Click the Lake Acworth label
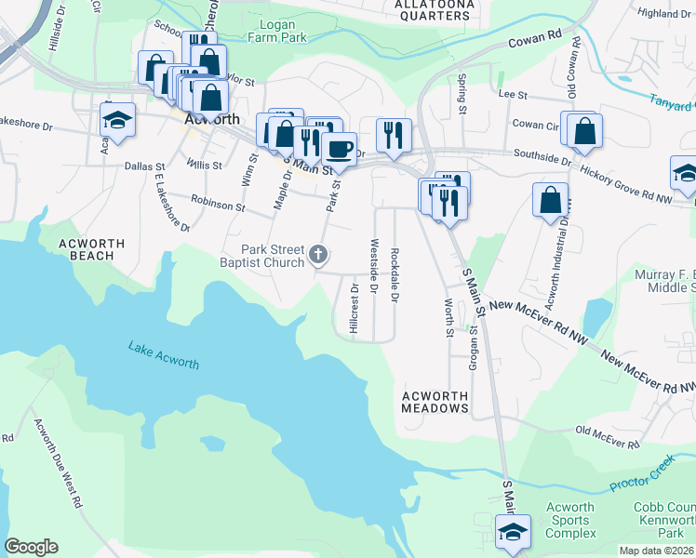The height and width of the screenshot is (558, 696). coord(163,355)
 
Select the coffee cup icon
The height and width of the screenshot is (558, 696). coord(340,148)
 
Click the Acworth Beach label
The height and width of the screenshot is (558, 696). coord(91,249)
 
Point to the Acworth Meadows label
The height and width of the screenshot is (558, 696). coord(435,402)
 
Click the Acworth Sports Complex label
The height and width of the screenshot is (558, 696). coord(570,521)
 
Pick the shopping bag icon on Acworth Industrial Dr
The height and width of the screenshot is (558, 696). coord(550,198)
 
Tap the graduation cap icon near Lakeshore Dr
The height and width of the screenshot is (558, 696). coord(118,119)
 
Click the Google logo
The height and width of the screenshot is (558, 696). coord(31,547)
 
